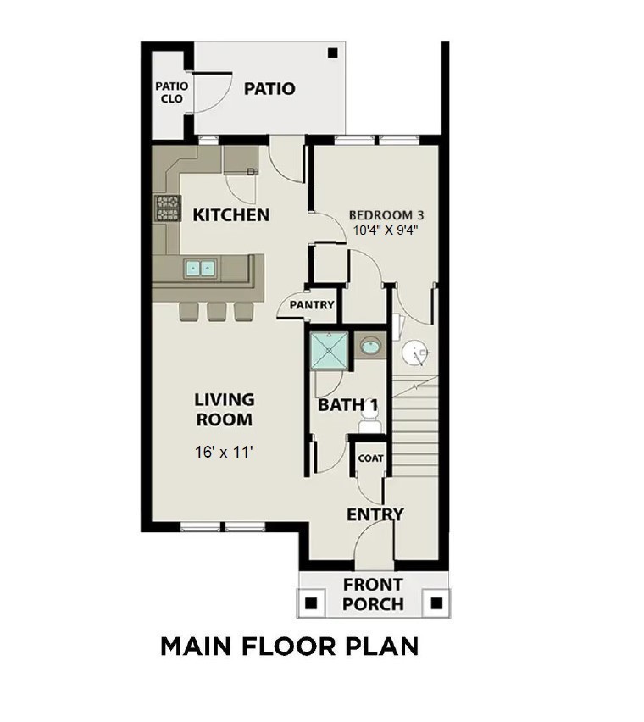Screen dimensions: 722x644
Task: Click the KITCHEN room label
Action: click(231, 214)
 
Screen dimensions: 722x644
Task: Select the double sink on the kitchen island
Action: click(201, 269)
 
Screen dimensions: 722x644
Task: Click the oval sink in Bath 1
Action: click(370, 346)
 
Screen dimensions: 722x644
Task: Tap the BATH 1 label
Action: click(348, 405)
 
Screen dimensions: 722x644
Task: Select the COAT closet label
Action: click(370, 458)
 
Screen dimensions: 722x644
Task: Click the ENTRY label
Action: click(375, 514)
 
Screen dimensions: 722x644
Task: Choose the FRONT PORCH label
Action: click(373, 594)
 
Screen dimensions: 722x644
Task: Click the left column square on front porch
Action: click(312, 603)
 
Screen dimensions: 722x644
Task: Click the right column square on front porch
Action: click(436, 603)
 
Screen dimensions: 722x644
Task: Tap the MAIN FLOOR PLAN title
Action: click(289, 647)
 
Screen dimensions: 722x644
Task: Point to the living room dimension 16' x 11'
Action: click(224, 453)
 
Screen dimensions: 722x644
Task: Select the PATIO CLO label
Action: click(171, 92)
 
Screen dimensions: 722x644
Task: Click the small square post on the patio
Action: click(331, 53)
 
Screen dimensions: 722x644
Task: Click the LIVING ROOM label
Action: click(224, 408)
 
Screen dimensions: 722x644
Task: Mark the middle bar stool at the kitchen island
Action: click(216, 311)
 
